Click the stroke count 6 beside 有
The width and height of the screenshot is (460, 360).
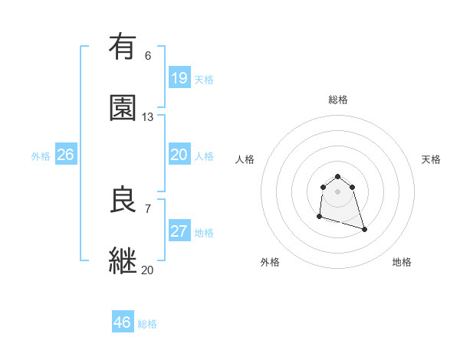click(147, 55)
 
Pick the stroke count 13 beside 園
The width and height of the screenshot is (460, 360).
click(147, 116)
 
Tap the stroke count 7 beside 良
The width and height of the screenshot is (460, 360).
click(147, 208)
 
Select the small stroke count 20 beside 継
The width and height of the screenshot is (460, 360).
click(147, 269)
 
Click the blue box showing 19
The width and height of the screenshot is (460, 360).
click(179, 77)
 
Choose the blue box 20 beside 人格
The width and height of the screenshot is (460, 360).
click(179, 155)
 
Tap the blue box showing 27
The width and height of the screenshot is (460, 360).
click(179, 231)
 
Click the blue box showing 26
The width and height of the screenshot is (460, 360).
click(66, 155)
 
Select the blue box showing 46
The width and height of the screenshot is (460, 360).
click(123, 322)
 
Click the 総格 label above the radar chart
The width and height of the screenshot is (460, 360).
click(338, 100)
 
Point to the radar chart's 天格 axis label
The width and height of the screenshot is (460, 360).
click(431, 159)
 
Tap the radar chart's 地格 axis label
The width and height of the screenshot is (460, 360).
click(402, 262)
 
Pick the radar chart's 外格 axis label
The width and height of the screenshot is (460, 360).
click(270, 262)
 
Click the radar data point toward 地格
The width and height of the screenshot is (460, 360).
click(364, 229)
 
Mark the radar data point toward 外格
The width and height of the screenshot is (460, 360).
click(319, 217)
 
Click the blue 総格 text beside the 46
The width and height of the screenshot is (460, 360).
click(147, 324)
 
